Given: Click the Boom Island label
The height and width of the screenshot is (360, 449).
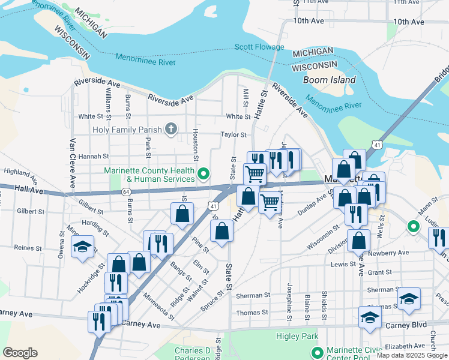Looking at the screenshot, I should tap(329, 80).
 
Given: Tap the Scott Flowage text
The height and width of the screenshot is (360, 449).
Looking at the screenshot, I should tap(259, 47).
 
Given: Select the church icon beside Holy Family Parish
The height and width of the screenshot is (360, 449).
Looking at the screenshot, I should tap(171, 129).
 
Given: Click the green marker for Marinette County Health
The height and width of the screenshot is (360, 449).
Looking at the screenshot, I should tap(203, 175).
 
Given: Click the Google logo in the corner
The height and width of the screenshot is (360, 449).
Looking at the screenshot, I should tap(20, 353).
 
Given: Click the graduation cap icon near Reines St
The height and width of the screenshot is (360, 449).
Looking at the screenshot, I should tap(82, 247).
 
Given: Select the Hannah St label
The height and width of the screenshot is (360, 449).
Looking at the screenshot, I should tap(93, 156).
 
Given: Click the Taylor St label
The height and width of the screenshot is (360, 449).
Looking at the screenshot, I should tap(234, 135).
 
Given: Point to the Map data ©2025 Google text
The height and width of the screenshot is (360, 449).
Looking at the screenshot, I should tap(411, 355).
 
